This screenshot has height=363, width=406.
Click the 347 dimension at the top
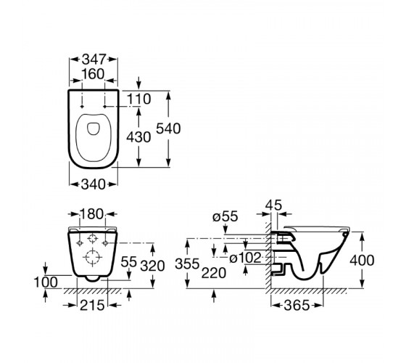pos(94,60)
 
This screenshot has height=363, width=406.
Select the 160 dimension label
pos(93,74)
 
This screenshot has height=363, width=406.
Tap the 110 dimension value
pos(138,99)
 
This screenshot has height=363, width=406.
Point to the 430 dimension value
pos(138,137)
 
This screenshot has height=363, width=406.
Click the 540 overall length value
pos(168,129)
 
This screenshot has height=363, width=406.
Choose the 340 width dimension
pos(94,184)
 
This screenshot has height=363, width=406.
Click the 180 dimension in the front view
pos(91,214)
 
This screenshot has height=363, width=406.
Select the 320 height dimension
pos(152,266)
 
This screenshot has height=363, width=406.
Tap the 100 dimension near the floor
pos(46,282)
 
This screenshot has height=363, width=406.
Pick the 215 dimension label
pos(92,305)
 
